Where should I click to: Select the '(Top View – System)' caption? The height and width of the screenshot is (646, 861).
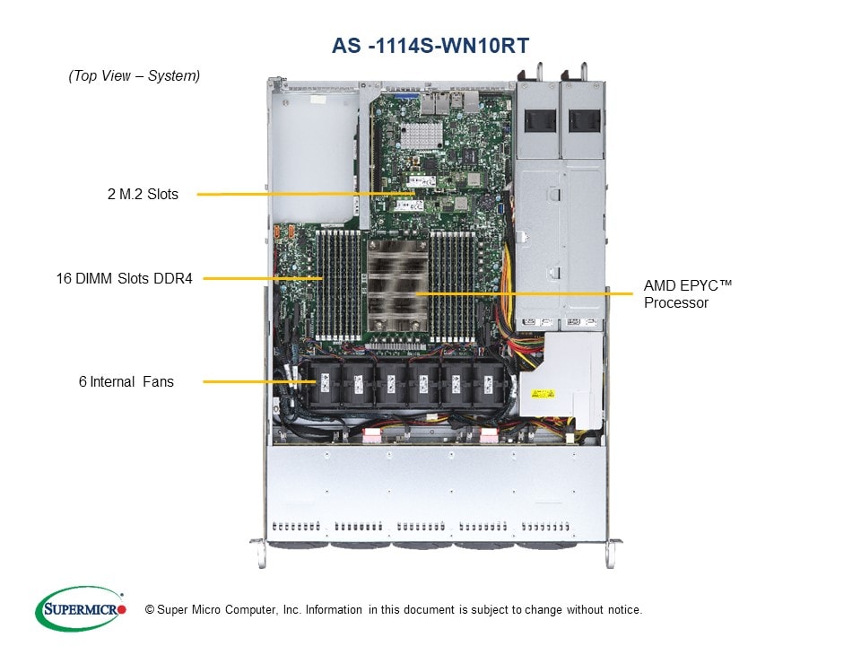[135, 76]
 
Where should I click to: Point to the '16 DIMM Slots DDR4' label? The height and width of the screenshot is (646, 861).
[124, 279]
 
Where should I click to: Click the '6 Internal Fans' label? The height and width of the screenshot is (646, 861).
[126, 382]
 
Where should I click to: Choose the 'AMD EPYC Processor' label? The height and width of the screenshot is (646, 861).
[688, 294]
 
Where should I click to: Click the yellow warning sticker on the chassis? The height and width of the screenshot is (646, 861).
[544, 394]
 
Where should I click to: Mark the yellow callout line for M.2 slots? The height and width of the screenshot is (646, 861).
[305, 193]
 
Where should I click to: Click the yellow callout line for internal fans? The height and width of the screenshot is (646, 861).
[260, 382]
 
